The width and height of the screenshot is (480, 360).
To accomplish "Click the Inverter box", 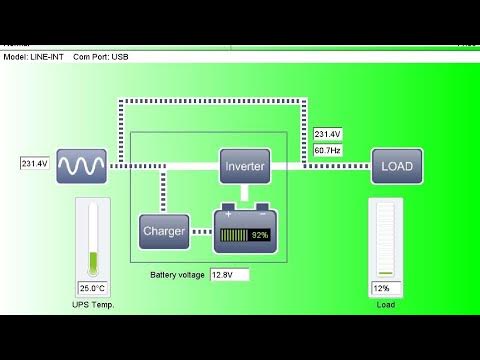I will (245, 166).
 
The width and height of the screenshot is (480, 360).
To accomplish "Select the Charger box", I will (163, 232).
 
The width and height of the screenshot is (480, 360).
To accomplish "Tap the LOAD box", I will (397, 166).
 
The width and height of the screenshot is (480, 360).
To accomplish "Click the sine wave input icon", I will (81, 166).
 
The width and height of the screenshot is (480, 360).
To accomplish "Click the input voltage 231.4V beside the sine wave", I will (34, 162).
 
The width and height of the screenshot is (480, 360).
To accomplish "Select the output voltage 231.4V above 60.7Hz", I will (327, 133).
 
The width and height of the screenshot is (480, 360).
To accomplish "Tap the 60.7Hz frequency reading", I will (327, 149).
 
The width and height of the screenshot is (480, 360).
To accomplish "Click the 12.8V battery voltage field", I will (228, 274).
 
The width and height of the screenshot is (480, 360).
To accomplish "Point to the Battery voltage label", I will (178, 274).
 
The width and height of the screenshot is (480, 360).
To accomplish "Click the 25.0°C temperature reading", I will (92, 288).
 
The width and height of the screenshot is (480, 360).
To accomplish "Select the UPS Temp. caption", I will (93, 304).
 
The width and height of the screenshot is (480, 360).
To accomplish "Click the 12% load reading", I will (381, 288).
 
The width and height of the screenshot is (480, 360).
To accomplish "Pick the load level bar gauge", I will (385, 238).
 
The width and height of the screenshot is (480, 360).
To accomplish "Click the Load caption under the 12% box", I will (385, 304).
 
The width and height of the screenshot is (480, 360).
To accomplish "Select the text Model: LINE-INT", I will (34, 56).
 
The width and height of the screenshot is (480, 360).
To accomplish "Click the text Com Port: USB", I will (101, 56).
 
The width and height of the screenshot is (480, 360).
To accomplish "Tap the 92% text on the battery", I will (260, 235).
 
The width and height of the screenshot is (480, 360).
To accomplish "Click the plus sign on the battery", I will (228, 214).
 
